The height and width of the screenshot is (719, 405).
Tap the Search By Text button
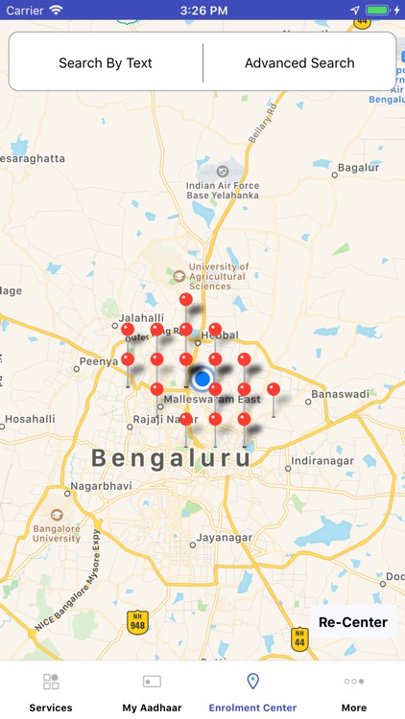tap(106, 63)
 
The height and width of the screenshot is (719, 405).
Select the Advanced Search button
tap(299, 63)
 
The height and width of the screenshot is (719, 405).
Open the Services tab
tap(51, 691)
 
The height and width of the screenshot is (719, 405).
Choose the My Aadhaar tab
tap(152, 691)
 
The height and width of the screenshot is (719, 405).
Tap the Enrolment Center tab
tap(252, 691)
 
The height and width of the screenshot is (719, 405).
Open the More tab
tap(353, 691)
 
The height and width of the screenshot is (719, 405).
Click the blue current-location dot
tap(202, 376)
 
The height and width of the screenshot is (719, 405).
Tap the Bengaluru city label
tap(173, 457)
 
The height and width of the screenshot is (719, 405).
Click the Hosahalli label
tap(30, 419)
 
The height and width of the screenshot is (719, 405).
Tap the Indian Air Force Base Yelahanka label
tap(223, 190)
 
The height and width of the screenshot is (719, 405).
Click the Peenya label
tap(99, 362)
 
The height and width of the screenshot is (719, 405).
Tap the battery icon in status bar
tap(378, 10)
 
